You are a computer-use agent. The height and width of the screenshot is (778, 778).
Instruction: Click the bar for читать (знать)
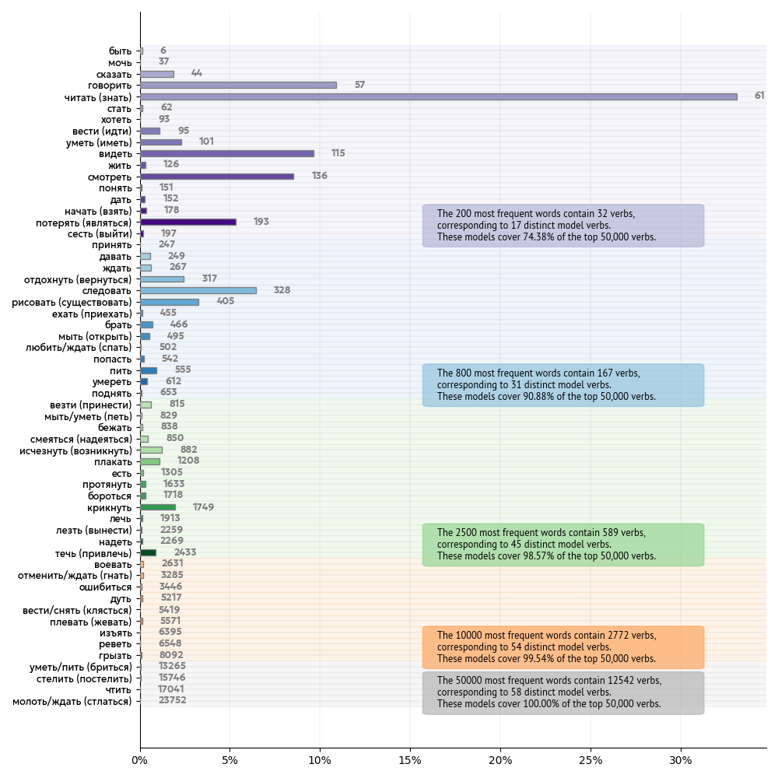tap(438, 96)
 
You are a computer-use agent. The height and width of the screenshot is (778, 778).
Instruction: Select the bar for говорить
tap(238, 85)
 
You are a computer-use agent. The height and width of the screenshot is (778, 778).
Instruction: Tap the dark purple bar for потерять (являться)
tap(188, 222)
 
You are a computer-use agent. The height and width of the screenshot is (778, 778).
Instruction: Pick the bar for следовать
tap(198, 290)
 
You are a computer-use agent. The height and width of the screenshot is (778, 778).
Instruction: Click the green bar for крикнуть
tap(158, 507)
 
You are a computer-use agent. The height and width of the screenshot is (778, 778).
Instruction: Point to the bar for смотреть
tap(217, 176)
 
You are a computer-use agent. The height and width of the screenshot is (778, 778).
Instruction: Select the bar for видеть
tap(227, 153)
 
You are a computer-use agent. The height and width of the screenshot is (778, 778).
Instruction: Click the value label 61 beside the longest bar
tap(759, 96)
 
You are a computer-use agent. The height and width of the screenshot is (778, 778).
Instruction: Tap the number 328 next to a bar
tap(282, 290)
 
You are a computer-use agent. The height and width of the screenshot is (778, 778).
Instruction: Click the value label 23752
tap(173, 700)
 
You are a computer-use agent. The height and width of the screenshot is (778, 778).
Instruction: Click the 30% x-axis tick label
tap(681, 759)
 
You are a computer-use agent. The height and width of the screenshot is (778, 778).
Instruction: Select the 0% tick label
tap(140, 759)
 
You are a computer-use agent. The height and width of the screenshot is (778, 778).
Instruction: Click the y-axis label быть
tap(120, 51)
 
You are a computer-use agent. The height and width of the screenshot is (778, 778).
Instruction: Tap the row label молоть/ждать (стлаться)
tap(72, 701)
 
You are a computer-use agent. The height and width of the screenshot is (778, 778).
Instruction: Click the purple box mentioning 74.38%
tap(563, 226)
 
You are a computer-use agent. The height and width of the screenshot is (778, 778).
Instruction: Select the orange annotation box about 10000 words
tap(563, 647)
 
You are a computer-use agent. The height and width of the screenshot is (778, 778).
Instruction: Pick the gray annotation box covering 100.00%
tap(563, 692)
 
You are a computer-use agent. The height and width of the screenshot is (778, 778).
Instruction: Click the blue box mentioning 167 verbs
tap(563, 385)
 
